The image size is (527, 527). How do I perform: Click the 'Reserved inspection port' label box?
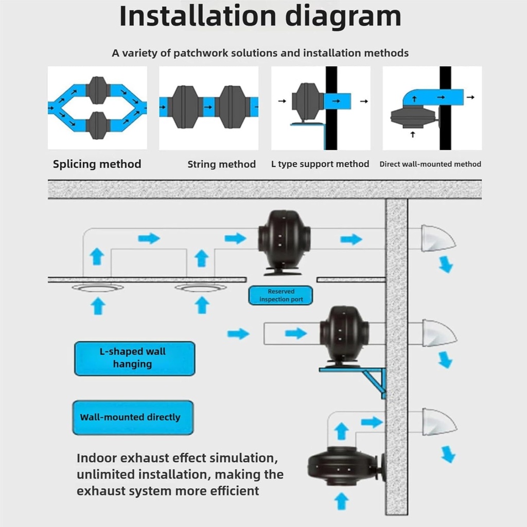click(x=281, y=295)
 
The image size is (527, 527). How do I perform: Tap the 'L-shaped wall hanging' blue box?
click(x=134, y=358)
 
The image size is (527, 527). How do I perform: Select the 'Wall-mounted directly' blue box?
click(x=133, y=417)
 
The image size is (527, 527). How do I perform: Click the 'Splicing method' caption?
click(x=97, y=164)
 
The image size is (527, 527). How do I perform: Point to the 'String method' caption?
click(x=221, y=165)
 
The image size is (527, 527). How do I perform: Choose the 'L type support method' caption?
click(x=320, y=164)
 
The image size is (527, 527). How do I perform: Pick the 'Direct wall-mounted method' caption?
click(x=430, y=165)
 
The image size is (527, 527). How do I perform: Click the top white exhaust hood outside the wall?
click(x=436, y=238)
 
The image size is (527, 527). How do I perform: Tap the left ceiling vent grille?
click(x=97, y=288)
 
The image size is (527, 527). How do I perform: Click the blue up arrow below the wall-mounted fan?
click(x=341, y=501)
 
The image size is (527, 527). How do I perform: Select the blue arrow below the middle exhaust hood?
click(x=444, y=359)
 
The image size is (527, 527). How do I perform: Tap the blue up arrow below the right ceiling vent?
click(x=202, y=305)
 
